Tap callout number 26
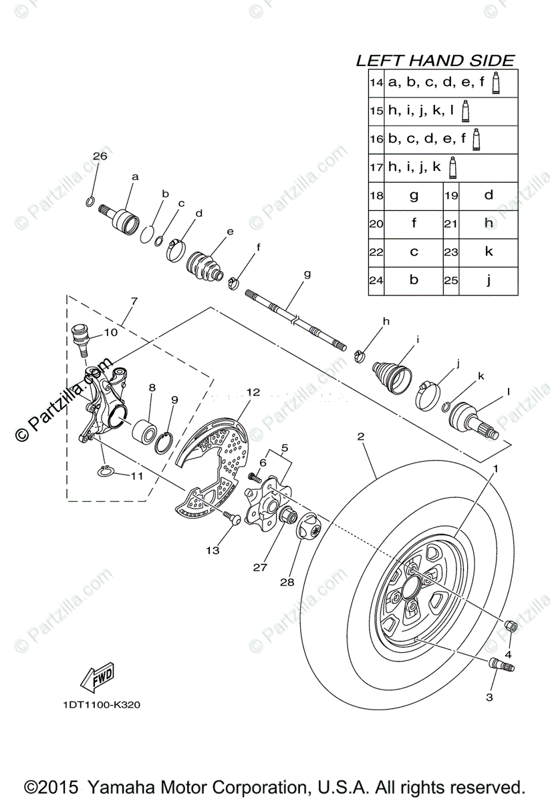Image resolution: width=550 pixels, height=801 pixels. pyautogui.click(x=100, y=156)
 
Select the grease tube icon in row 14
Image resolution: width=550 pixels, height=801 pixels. pyautogui.click(x=496, y=82)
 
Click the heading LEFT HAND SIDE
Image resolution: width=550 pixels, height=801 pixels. pyautogui.click(x=435, y=61)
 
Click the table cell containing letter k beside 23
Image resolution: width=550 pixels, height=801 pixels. pyautogui.click(x=489, y=252)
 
